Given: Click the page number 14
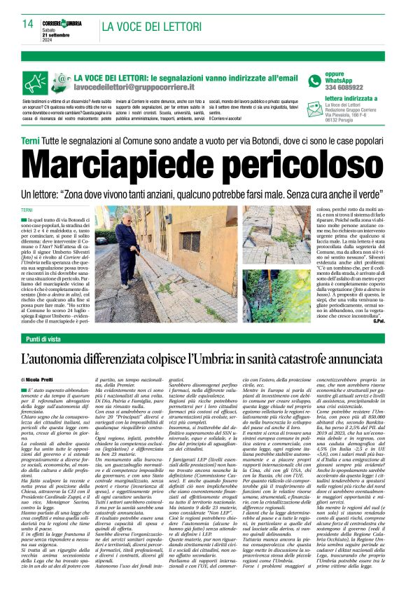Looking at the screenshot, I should [x=27, y=24].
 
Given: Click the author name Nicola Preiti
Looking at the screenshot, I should [x=45, y=379].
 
